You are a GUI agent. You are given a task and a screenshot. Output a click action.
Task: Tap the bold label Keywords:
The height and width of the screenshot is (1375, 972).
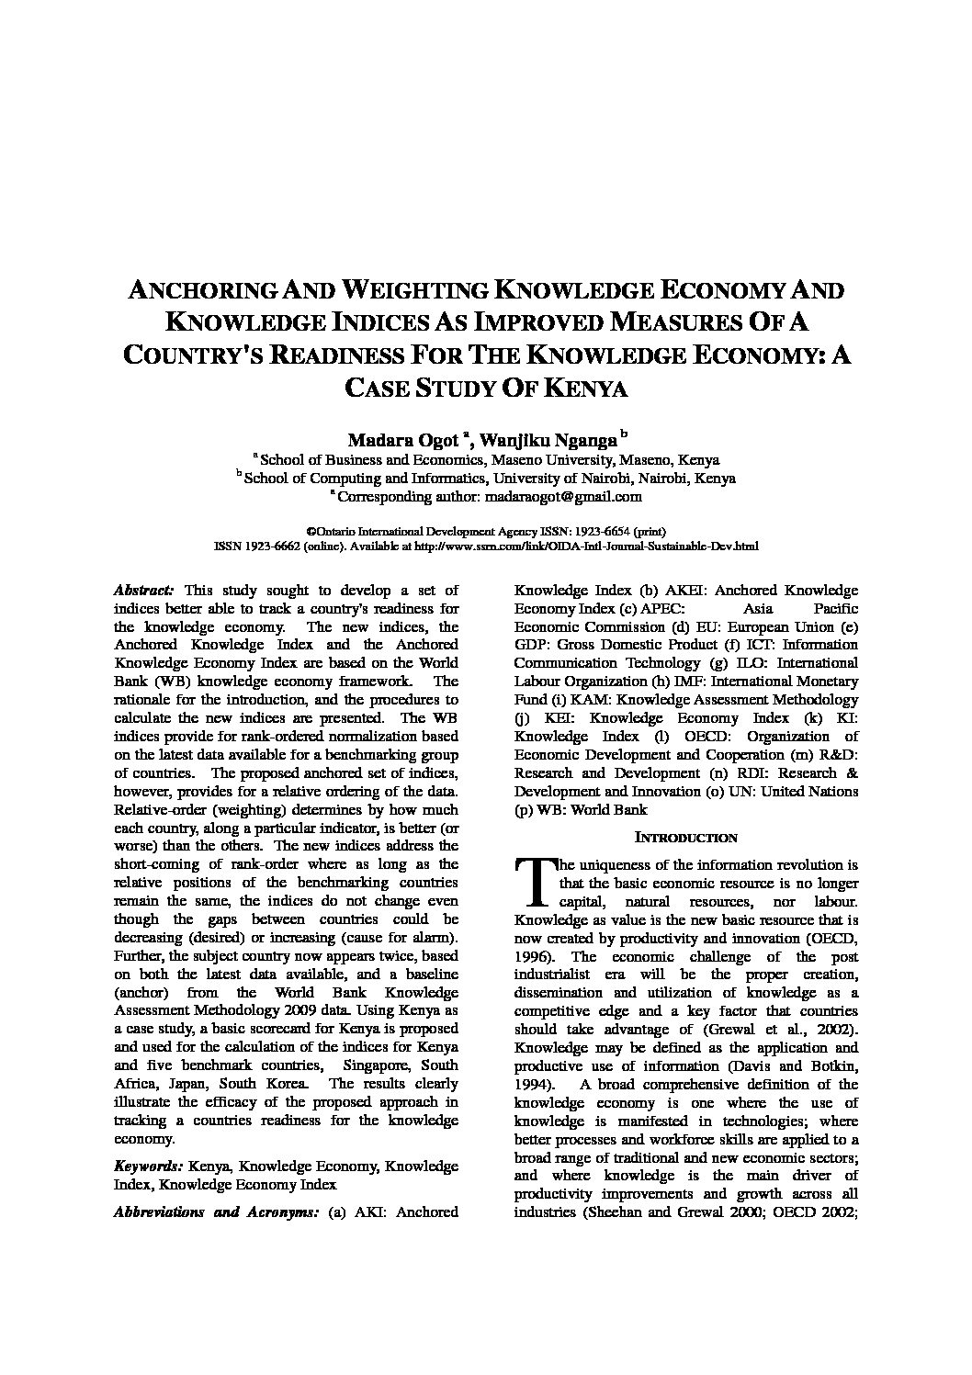point(147,1166)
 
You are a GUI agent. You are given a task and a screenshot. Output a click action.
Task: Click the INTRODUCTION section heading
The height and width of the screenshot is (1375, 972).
point(686,838)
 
